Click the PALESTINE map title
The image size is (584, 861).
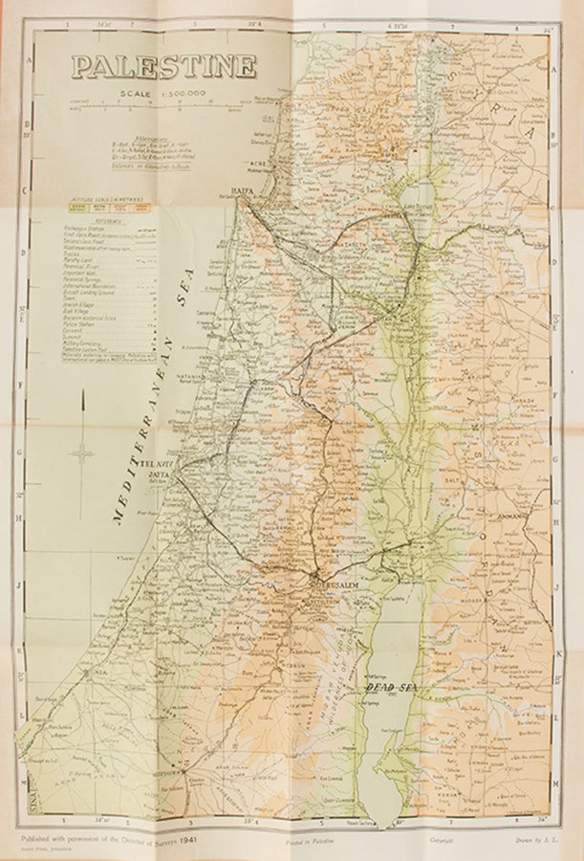163,66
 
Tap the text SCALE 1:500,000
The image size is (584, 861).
163,94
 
